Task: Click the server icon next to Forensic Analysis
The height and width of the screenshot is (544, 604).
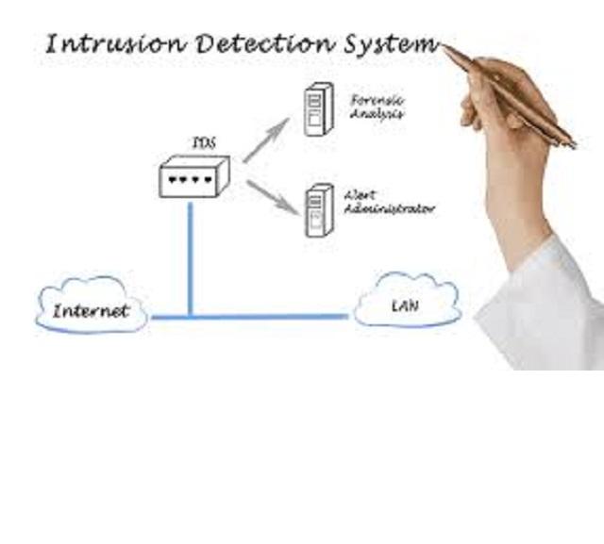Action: (x=318, y=110)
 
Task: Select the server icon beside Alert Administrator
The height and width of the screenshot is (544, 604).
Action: (x=318, y=209)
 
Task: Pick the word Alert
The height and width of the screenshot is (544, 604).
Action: (x=360, y=194)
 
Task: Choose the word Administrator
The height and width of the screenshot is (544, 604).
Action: (x=389, y=208)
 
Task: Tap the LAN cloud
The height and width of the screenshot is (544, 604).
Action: (x=407, y=305)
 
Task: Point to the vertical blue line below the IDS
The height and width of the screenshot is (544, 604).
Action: (x=190, y=255)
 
